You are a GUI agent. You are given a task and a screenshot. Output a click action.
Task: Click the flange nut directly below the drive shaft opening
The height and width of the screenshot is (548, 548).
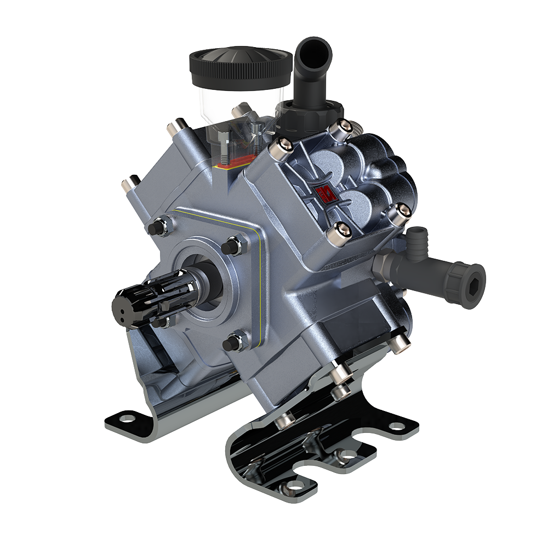[x=231, y=343]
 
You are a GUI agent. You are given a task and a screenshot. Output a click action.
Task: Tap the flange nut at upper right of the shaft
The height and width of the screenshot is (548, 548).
[x=233, y=244]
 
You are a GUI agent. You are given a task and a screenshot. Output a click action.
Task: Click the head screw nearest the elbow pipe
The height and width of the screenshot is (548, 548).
[x=344, y=127]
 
